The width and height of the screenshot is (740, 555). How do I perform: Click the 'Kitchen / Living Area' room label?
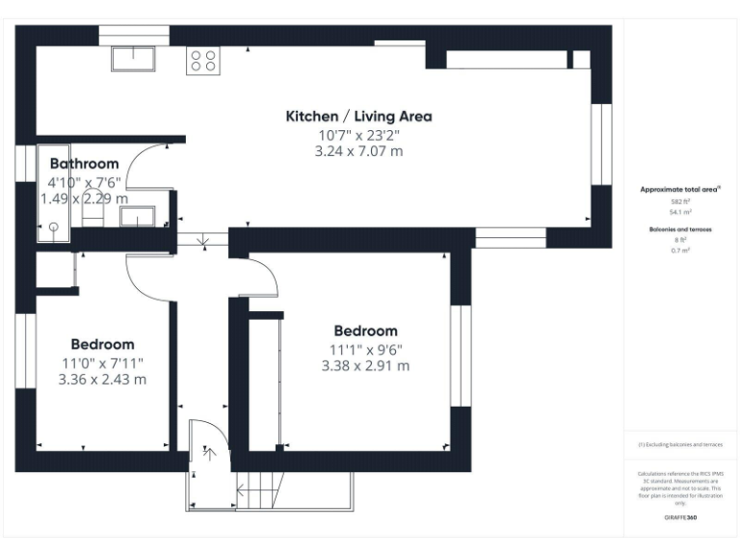[358, 117]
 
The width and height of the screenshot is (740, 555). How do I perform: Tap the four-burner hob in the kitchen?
[203, 60]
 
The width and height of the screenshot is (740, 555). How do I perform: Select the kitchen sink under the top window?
[134, 59]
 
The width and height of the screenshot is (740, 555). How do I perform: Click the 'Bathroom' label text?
[85, 164]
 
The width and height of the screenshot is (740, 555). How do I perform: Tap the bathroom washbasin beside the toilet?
[136, 216]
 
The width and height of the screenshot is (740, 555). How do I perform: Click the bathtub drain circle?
[54, 226]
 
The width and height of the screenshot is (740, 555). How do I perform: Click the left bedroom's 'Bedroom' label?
[102, 344]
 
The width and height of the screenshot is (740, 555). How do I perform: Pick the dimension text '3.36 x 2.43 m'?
[102, 380]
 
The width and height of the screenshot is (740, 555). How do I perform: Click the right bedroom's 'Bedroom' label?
[365, 330]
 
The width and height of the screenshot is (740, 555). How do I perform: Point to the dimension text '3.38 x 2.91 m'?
[365, 366]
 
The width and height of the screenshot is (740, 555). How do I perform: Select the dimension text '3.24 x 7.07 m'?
[358, 151]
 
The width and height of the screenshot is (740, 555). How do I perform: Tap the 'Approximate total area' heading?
[680, 190]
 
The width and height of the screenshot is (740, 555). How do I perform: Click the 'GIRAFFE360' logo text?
[680, 518]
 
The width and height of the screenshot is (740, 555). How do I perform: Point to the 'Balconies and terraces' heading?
[680, 229]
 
